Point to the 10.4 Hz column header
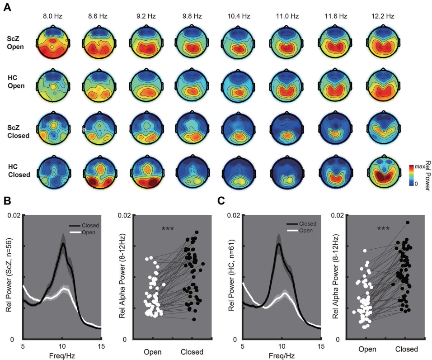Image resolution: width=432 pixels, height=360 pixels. [x=239, y=16]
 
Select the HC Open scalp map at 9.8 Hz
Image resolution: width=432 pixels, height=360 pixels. [x=192, y=86]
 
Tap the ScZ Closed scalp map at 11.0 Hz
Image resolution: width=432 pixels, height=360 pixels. [x=286, y=128]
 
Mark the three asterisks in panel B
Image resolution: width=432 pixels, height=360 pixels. [x=169, y=229]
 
